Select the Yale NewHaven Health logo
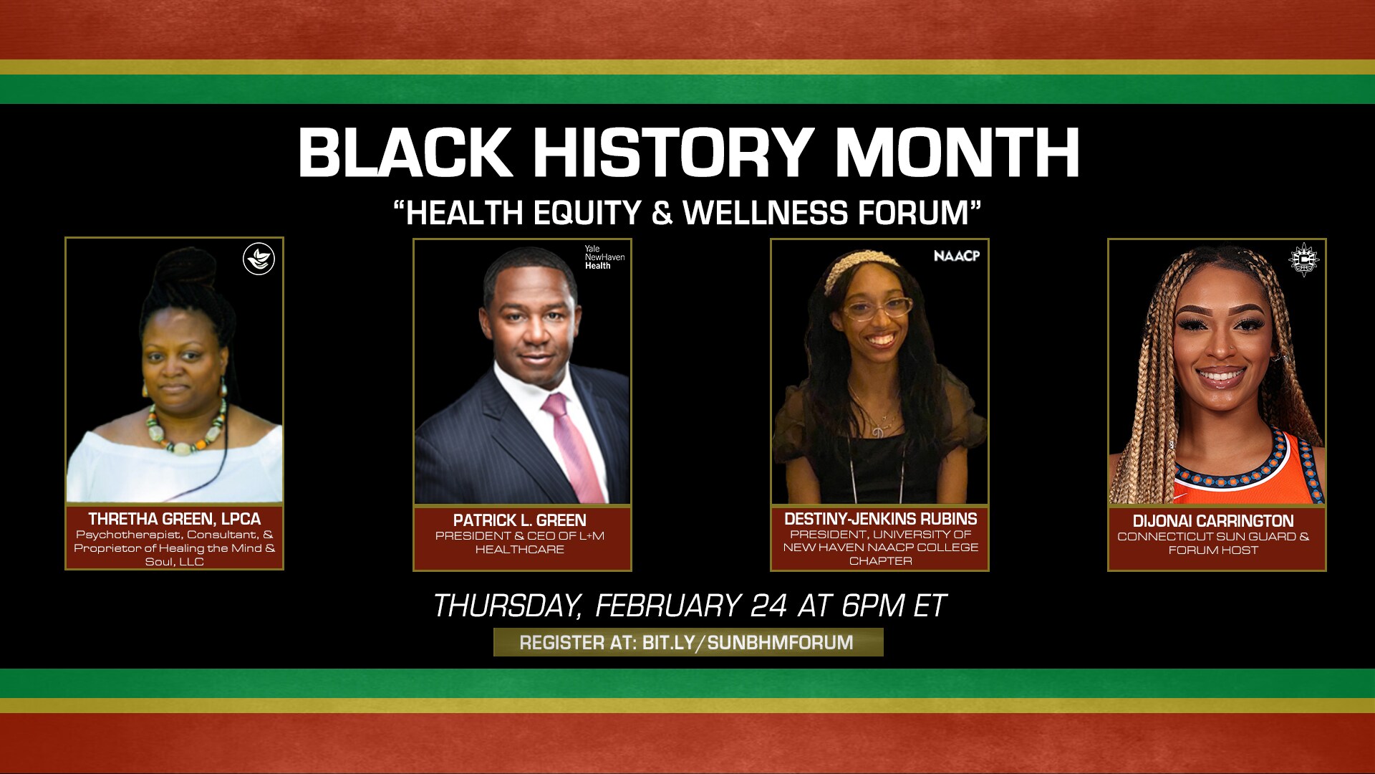pyautogui.click(x=604, y=257)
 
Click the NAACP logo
pyautogui.click(x=956, y=256)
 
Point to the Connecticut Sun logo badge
pyautogui.click(x=1303, y=259)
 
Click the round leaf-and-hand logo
pyautogui.click(x=259, y=259)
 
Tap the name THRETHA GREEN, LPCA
pyautogui.click(x=174, y=519)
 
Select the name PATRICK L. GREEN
pyautogui.click(x=520, y=520)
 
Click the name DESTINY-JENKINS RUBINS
pyautogui.click(x=880, y=519)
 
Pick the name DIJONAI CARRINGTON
pyautogui.click(x=1213, y=521)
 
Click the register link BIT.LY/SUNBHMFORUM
pyautogui.click(x=748, y=643)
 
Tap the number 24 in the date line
pyautogui.click(x=769, y=606)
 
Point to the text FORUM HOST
pyautogui.click(x=1213, y=550)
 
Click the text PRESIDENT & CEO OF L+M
pyautogui.click(x=520, y=536)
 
